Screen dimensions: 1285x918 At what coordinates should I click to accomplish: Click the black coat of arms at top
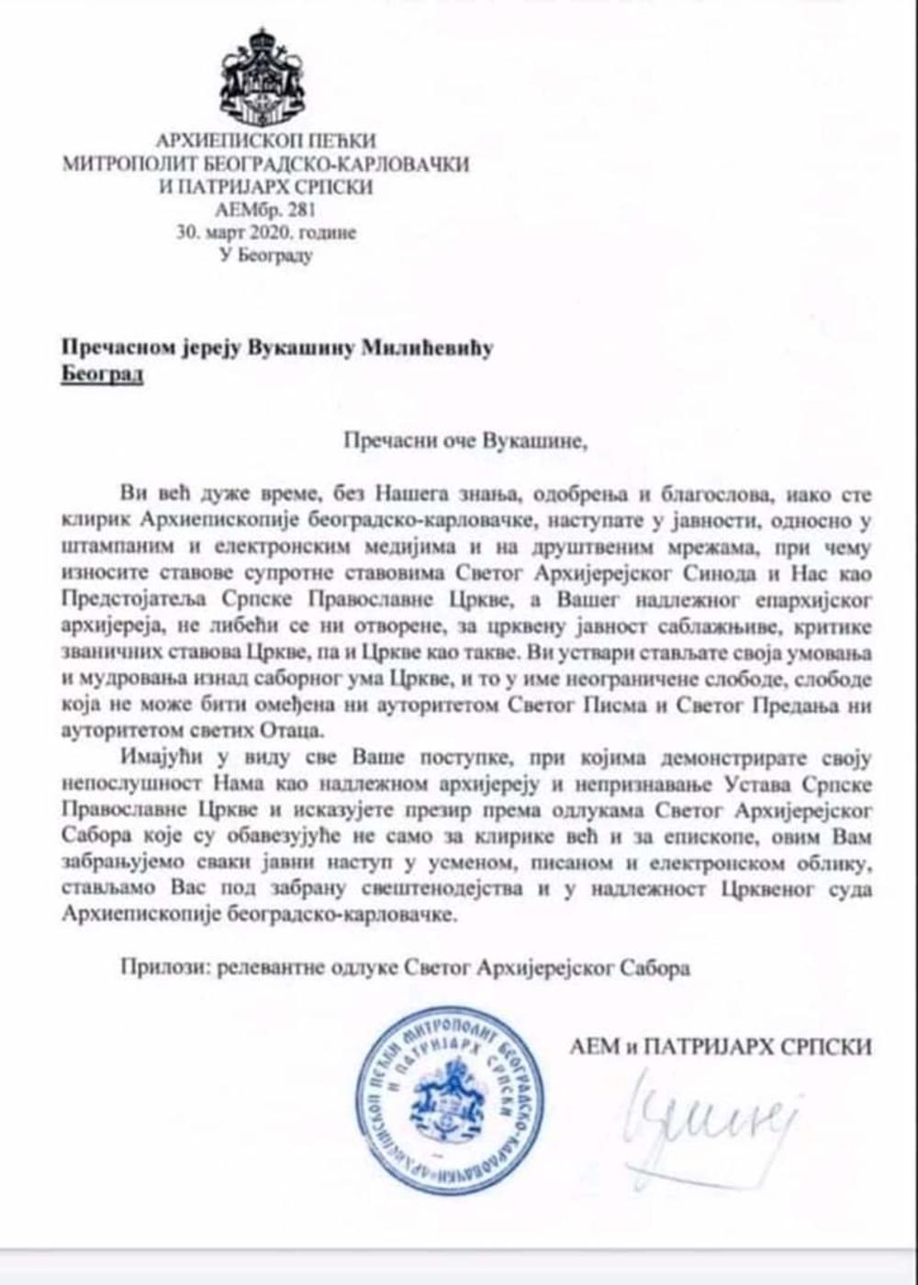(266, 77)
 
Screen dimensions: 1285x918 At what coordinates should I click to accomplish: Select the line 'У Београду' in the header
(265, 255)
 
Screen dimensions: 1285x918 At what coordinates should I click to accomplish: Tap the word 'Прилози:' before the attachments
(159, 967)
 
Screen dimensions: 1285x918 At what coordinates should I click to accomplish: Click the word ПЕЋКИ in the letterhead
(346, 141)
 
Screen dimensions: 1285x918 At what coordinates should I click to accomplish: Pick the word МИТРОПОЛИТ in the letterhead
(122, 164)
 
